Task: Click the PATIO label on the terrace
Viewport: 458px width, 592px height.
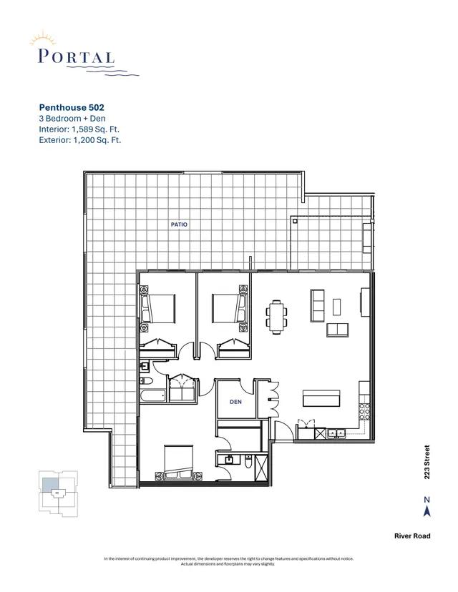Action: pyautogui.click(x=179, y=225)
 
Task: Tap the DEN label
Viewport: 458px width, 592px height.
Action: pyautogui.click(x=235, y=403)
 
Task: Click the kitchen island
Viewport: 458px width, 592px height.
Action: pyautogui.click(x=321, y=398)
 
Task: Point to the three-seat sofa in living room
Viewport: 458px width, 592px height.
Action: pyautogui.click(x=318, y=304)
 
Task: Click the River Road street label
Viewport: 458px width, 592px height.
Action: pyautogui.click(x=411, y=536)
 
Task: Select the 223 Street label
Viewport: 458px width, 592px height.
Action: pyautogui.click(x=427, y=463)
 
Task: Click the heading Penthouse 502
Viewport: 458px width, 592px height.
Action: pyautogui.click(x=76, y=107)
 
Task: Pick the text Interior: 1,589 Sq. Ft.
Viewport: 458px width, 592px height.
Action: pyautogui.click(x=79, y=129)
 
